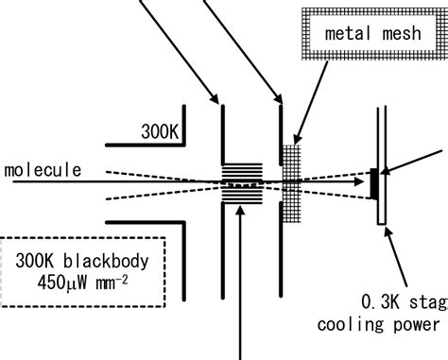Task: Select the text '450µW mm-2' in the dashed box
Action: coord(71,281)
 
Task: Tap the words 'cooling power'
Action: coord(390,324)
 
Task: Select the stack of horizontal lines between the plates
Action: coord(244,181)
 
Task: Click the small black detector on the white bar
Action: coord(372,183)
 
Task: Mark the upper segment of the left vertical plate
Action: coord(223,132)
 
